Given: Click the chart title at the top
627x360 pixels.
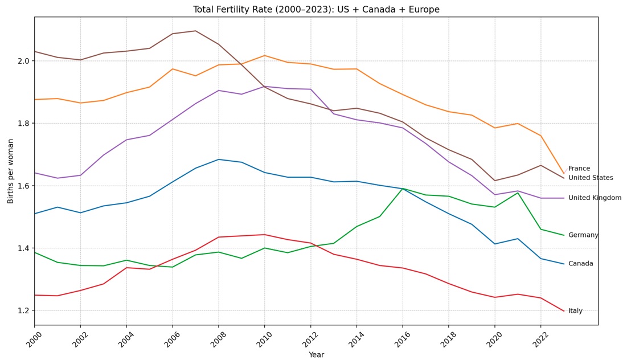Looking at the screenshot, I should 316,10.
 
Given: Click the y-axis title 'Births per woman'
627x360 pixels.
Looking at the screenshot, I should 11,171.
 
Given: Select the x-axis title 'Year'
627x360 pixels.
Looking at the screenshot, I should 316,355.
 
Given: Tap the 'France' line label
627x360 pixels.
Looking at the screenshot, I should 579,169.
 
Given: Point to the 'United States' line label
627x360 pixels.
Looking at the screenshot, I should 591,178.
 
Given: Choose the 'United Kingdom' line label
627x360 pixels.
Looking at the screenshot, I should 595,198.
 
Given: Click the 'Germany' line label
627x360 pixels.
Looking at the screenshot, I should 583,235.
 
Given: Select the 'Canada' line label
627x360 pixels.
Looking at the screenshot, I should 580,264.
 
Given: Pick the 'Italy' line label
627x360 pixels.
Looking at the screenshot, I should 575,311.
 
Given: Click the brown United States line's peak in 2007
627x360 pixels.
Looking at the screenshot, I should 195,31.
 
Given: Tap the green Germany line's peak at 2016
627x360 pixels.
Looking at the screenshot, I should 403,189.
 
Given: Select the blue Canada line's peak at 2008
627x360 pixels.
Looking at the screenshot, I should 219,159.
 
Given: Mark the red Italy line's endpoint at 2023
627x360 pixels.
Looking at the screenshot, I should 564,311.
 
